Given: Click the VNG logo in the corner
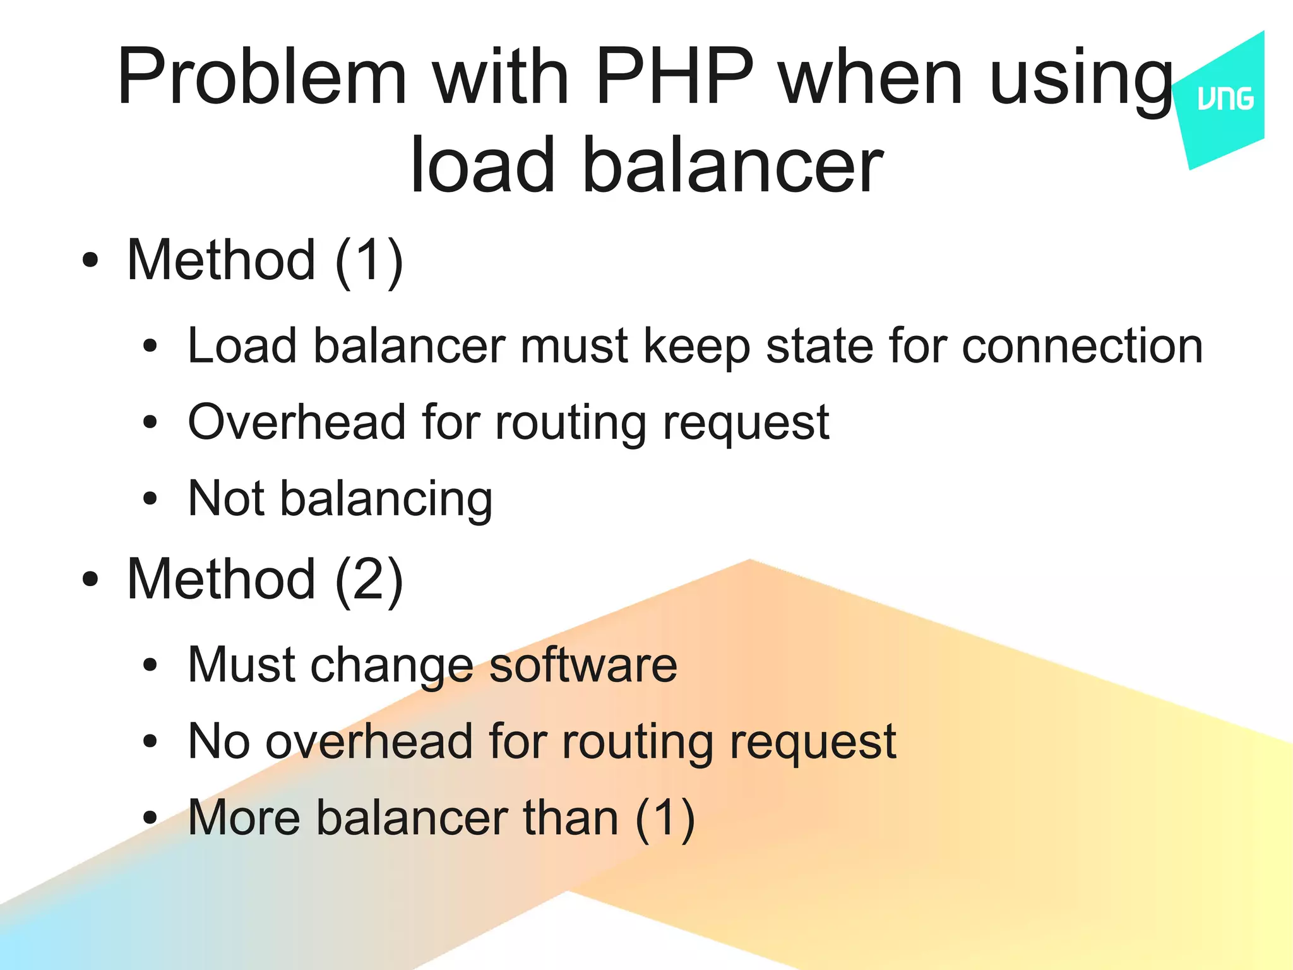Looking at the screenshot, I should pos(1225,100).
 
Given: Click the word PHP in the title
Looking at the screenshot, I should pos(674,77).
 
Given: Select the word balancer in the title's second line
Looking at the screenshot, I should pos(732,165).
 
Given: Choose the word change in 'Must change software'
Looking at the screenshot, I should pos(391,666).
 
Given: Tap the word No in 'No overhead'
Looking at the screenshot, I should pos(218,741).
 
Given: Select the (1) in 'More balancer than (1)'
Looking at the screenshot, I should pos(665,819).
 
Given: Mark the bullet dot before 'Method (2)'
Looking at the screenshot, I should pos(90,579).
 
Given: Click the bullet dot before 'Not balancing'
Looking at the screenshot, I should pos(150,499).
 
